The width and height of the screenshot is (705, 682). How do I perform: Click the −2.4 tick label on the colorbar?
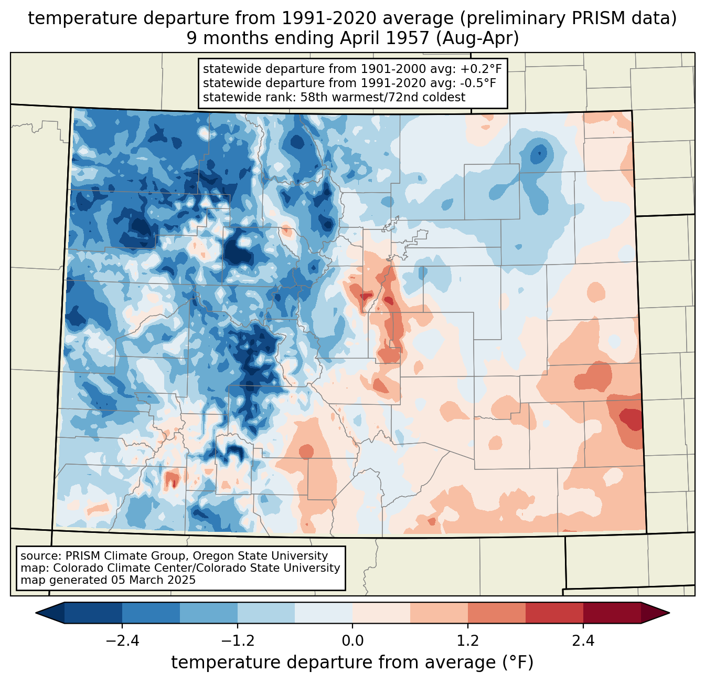point(122,641)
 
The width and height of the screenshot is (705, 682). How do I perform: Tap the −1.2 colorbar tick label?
point(238,641)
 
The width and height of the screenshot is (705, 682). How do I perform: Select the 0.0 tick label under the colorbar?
point(352,641)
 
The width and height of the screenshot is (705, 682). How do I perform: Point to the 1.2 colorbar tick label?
point(468,641)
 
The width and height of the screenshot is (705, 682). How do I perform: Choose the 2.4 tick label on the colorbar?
point(583,641)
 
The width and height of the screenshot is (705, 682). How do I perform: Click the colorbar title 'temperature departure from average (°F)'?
point(352,663)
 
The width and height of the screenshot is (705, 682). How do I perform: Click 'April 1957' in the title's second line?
point(384,38)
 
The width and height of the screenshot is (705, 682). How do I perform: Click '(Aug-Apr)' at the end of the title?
point(477,38)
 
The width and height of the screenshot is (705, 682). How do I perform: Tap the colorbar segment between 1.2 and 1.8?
point(496,613)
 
